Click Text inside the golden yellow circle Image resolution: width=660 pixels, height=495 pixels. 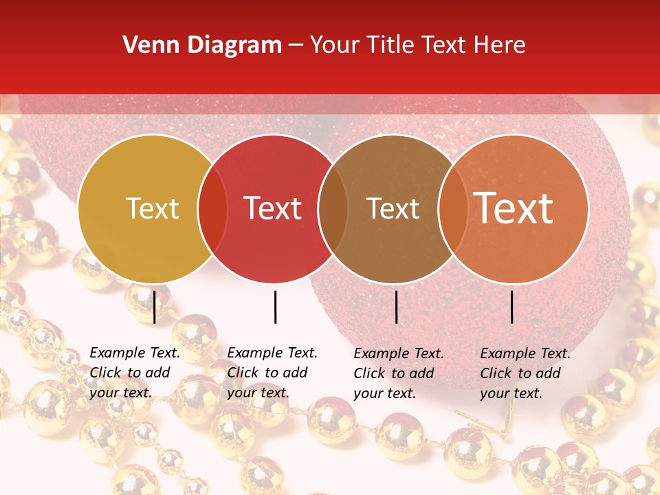coord(152,209)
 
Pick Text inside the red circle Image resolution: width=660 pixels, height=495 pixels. coord(272,209)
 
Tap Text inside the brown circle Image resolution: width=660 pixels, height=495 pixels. coord(393,209)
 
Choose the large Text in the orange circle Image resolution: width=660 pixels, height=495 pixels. coord(513,209)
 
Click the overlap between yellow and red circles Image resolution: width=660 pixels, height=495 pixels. coord(212,209)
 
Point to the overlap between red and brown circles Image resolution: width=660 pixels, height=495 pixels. coord(332,209)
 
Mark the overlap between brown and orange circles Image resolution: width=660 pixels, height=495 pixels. coord(452,209)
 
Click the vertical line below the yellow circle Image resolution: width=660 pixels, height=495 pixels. coord(154,307)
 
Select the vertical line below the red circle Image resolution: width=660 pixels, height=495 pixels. coord(275,307)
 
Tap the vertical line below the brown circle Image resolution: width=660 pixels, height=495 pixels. coord(396,307)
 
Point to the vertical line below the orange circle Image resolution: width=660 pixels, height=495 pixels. coord(512,307)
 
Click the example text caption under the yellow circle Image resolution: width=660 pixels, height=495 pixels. coord(135,373)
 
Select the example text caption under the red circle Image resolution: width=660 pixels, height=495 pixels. coord(272,373)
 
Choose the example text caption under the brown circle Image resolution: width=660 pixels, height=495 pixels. coord(399,373)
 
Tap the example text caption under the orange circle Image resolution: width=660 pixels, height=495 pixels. coord(525,373)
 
